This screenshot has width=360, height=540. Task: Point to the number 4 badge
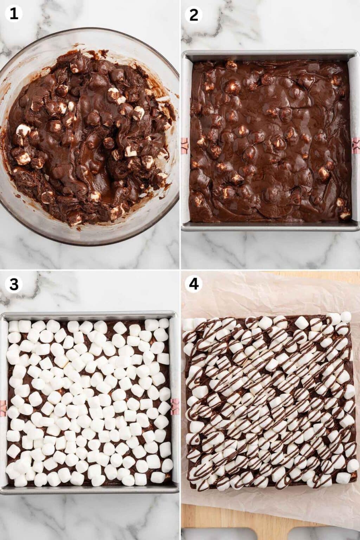[194, 284]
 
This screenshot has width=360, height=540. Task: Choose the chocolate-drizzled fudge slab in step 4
[269, 401]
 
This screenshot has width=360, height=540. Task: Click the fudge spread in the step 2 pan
[271, 141]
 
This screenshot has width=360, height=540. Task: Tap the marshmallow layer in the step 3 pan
[88, 404]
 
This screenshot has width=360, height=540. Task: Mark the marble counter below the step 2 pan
[271, 250]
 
